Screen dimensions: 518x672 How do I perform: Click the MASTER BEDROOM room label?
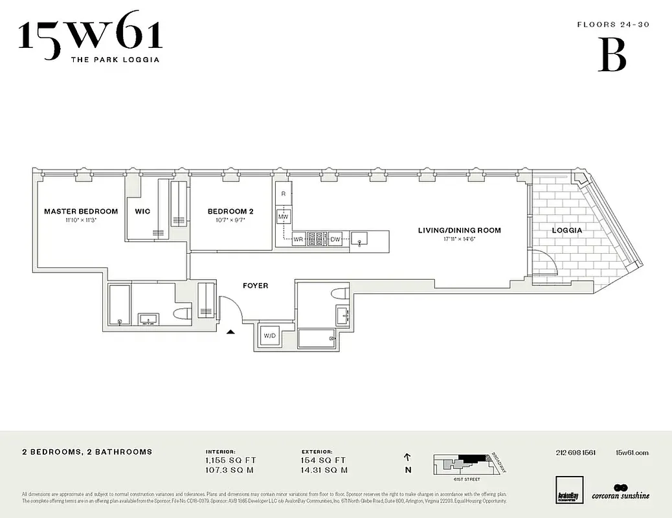point(81,211)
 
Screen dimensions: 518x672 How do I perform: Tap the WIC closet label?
point(142,211)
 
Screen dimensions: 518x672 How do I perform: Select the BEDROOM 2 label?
point(230,211)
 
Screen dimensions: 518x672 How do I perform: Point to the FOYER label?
point(255,286)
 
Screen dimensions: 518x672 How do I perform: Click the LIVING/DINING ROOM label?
point(459,230)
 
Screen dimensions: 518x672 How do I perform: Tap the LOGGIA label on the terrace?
point(566,230)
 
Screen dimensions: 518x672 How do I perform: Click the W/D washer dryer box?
point(269,335)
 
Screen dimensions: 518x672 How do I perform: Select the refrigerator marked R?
point(284,193)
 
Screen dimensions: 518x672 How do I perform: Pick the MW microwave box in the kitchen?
point(284,217)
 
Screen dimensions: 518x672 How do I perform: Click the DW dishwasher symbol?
point(335,240)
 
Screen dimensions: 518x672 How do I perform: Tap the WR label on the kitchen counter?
point(298,240)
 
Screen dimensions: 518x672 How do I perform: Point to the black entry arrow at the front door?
point(230,332)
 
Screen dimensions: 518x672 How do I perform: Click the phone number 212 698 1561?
point(576,453)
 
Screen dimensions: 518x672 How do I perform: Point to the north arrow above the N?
point(407,456)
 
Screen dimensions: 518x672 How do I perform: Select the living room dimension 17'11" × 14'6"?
point(459,239)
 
